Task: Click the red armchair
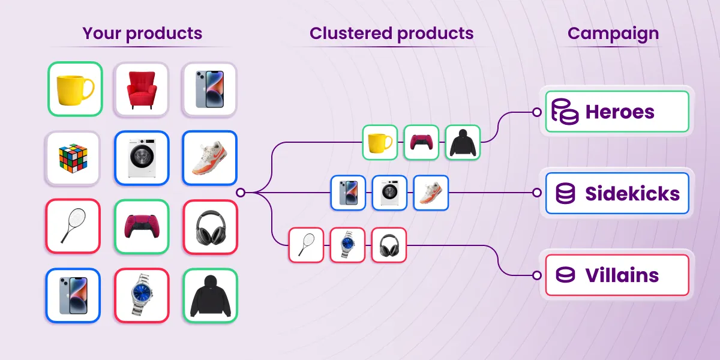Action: [x=142, y=90]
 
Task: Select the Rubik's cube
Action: [x=73, y=158]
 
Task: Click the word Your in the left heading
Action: [x=101, y=34]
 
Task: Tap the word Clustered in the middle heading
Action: [x=350, y=33]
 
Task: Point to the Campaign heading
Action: [x=613, y=34]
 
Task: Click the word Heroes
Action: [x=620, y=112]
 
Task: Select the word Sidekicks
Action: [x=632, y=193]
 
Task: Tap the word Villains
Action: [x=622, y=275]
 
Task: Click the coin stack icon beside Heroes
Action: [x=565, y=111]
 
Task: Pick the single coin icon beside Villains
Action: [x=565, y=275]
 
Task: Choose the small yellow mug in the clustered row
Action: [x=380, y=142]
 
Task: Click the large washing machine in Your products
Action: [x=142, y=158]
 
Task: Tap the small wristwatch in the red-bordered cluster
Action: [x=347, y=245]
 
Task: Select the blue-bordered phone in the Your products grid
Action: [x=73, y=296]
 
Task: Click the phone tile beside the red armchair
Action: [x=209, y=89]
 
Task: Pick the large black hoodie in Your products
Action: [x=211, y=296]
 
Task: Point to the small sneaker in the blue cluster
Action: [x=431, y=193]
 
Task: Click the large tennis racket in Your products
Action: [x=73, y=226]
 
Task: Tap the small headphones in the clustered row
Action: [x=389, y=245]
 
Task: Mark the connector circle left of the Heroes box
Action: [x=537, y=112]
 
